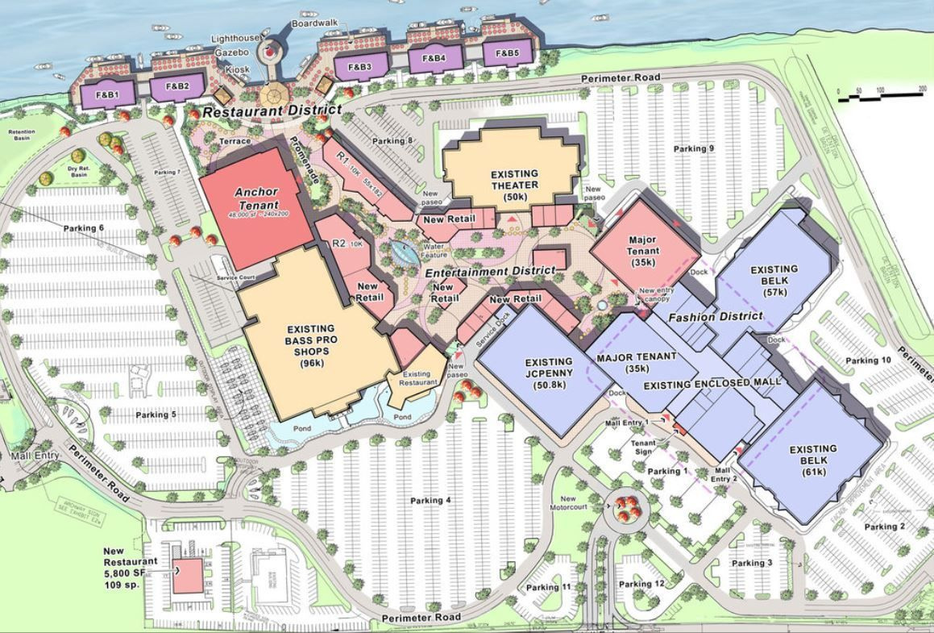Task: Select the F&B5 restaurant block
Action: click(x=507, y=54)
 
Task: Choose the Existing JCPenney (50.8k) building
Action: click(x=548, y=373)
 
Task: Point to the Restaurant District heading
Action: click(x=272, y=110)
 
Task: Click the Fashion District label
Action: click(x=715, y=317)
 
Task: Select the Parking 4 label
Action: click(x=430, y=501)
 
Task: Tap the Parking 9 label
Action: click(x=694, y=148)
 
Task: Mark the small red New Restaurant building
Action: click(x=188, y=576)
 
